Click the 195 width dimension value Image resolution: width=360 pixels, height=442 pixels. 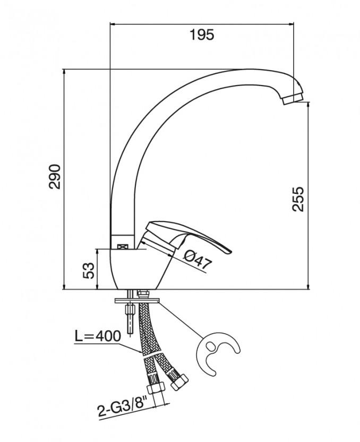[201, 36]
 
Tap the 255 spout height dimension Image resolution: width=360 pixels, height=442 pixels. [299, 199]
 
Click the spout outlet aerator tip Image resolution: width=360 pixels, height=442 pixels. [293, 98]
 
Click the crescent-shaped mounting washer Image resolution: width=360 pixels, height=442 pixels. [218, 352]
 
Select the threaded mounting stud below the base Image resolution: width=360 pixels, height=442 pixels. [130, 319]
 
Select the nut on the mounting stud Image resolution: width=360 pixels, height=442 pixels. [130, 308]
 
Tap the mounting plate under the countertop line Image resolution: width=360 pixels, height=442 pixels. [136, 301]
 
